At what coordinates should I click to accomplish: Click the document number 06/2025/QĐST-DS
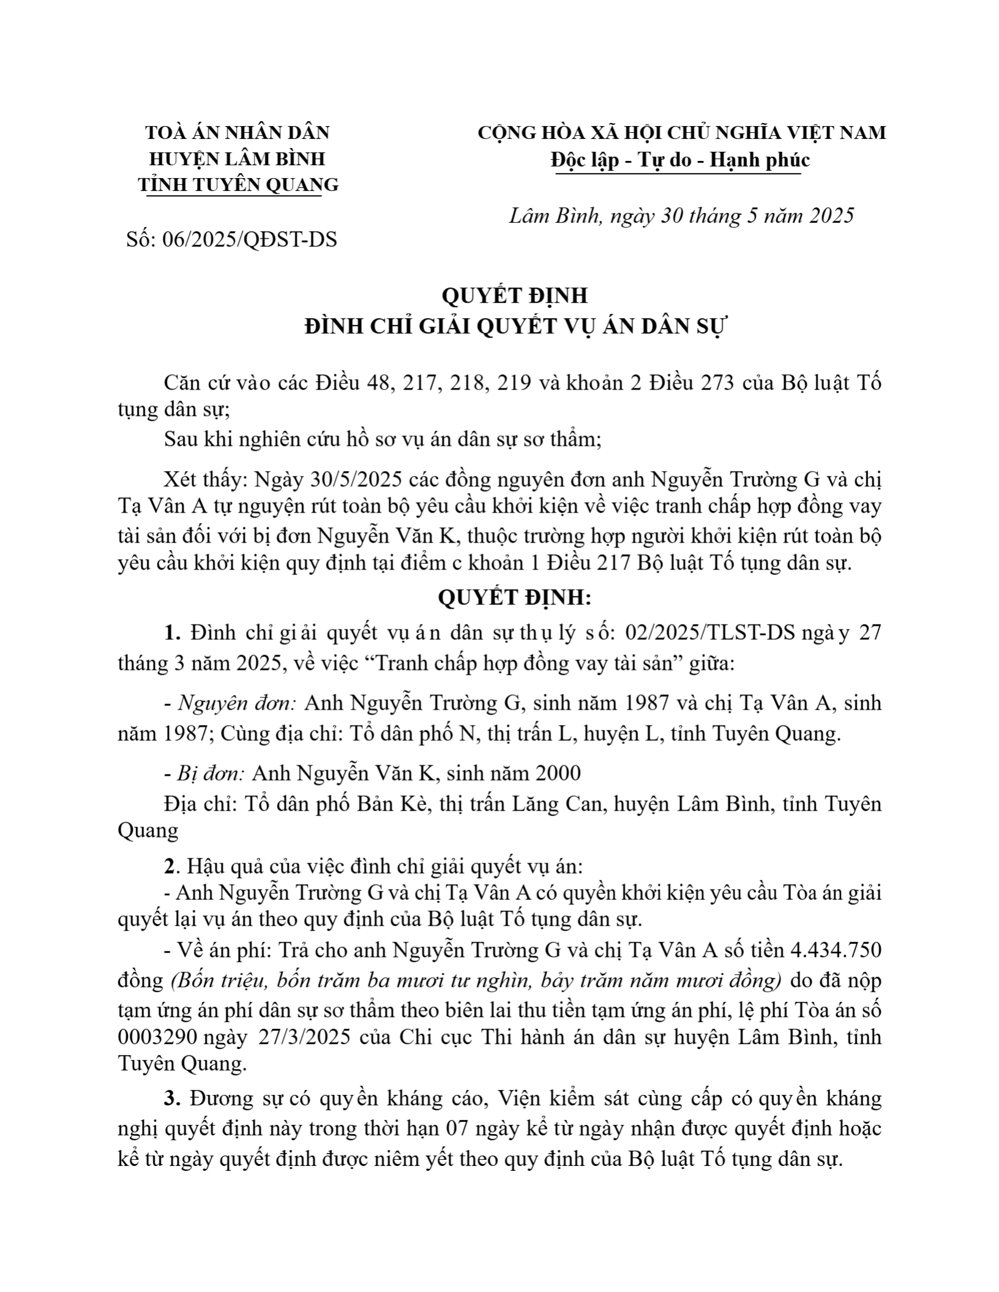pos(249,239)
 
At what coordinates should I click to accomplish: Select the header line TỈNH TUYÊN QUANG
pos(238,185)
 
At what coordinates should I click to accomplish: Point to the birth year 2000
pos(558,773)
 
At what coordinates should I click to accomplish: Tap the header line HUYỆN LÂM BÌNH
pos(238,158)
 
